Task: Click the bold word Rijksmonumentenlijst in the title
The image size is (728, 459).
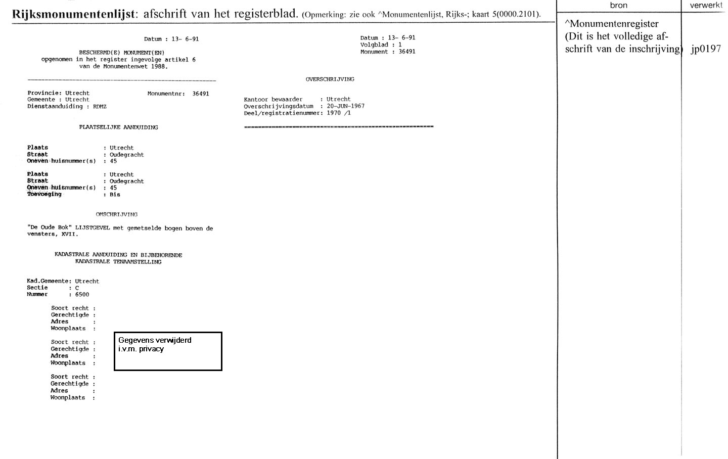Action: (73, 14)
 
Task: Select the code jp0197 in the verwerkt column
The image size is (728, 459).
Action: (706, 49)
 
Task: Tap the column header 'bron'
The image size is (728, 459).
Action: (618, 6)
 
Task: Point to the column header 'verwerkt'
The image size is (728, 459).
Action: (705, 6)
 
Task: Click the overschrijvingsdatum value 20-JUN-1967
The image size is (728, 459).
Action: (345, 106)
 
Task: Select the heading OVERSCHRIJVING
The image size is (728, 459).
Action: (330, 79)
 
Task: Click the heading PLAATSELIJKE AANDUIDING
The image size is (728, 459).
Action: (118, 127)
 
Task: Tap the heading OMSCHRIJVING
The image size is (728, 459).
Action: (116, 214)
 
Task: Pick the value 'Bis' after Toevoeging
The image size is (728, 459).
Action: (115, 195)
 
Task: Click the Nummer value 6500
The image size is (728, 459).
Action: (82, 295)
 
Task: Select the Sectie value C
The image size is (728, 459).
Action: (77, 288)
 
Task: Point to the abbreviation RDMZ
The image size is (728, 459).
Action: (100, 107)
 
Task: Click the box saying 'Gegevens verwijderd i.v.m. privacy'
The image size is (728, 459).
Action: (168, 351)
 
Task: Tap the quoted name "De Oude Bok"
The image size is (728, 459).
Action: (49, 228)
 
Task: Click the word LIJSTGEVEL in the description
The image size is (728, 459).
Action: (93, 228)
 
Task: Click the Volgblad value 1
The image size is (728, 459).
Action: (400, 45)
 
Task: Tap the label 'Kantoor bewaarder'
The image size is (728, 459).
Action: (273, 100)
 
